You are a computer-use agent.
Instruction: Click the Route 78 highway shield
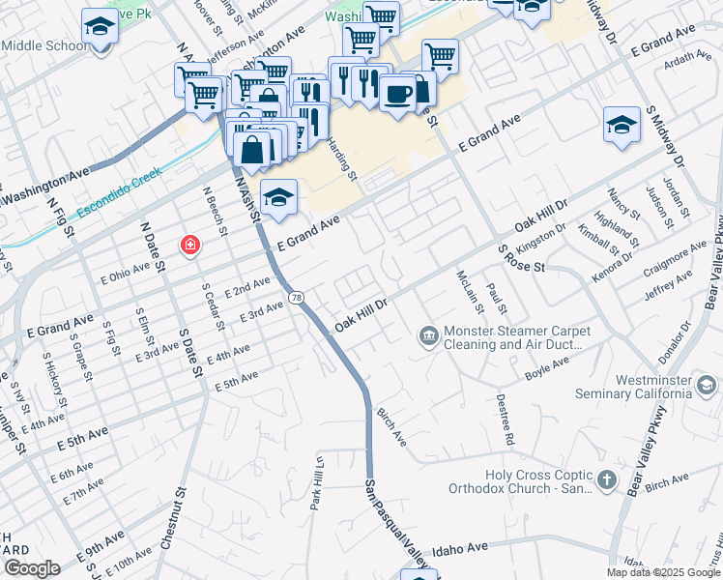(x=297, y=298)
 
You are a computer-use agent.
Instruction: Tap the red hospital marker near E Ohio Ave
(x=190, y=246)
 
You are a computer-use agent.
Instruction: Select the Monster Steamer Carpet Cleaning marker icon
(x=427, y=336)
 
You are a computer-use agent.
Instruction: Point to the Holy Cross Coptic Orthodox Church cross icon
(x=605, y=480)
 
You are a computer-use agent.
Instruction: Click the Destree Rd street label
(x=506, y=419)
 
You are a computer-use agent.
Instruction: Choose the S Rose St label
(x=521, y=258)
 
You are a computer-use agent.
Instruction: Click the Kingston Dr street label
(x=541, y=238)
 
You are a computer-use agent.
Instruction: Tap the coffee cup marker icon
(x=397, y=94)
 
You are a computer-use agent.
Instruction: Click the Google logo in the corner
(x=32, y=567)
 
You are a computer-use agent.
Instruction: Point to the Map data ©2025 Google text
(x=663, y=572)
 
